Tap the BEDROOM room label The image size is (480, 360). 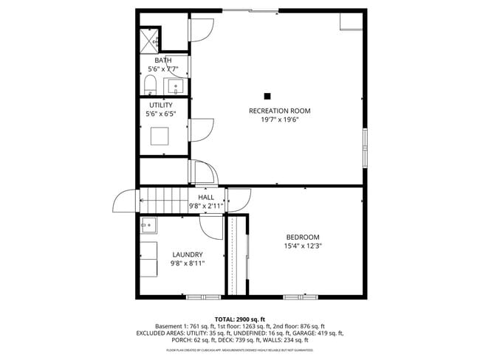(303, 237)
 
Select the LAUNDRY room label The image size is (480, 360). (187, 255)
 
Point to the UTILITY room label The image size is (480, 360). (161, 105)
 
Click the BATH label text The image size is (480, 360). (162, 60)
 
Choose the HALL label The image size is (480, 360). (206, 198)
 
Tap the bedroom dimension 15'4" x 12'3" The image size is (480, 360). (303, 246)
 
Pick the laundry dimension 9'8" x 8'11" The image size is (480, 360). (187, 263)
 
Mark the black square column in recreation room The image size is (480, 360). (267, 95)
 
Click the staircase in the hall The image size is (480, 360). (162, 199)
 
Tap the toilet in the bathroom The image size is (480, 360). (150, 83)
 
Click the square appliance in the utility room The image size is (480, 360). (160, 136)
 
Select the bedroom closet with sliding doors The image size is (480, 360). (236, 255)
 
